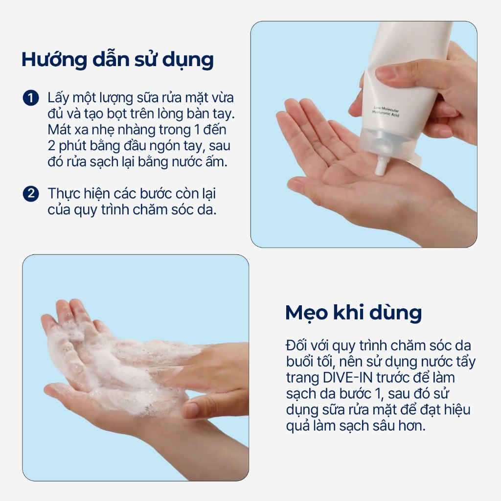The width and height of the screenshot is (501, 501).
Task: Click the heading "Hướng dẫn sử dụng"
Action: coord(117,60)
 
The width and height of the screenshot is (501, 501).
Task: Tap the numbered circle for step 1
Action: coord(31,98)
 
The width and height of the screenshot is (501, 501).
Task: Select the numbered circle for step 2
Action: coord(31,194)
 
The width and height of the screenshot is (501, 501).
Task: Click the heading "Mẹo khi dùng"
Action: coord(353,313)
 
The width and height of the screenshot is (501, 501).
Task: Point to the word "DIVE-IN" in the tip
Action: coord(348,378)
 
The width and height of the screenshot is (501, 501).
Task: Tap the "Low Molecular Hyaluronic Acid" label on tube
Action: coord(386,111)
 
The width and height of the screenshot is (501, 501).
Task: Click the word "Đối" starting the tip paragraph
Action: coord(296,345)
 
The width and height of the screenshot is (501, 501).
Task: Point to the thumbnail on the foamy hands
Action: coord(192,409)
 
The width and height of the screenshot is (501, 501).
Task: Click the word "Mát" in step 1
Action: coord(58,130)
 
